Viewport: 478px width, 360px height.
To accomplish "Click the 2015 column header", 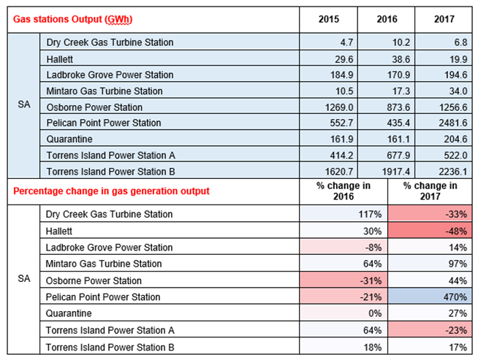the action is point(329,19).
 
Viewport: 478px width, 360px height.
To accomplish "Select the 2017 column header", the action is point(444,19).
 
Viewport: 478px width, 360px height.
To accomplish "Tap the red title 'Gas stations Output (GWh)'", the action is point(73,19).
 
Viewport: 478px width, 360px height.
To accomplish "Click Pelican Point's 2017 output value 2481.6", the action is point(452,123).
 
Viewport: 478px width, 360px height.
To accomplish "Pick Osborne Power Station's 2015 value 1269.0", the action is point(339,107).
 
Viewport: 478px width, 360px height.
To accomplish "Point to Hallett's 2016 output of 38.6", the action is point(401,59).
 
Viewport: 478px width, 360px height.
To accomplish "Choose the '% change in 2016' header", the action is point(344,191).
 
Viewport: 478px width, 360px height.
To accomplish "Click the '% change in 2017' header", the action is point(430,191).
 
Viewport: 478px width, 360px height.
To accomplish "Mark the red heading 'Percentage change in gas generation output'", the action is point(111,191).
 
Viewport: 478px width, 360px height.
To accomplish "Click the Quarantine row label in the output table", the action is point(69,139).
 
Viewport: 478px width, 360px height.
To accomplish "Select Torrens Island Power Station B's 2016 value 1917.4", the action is point(396,172).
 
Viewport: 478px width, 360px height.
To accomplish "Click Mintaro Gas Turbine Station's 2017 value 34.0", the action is point(458,91).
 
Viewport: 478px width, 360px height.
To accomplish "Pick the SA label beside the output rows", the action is point(24,104).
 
